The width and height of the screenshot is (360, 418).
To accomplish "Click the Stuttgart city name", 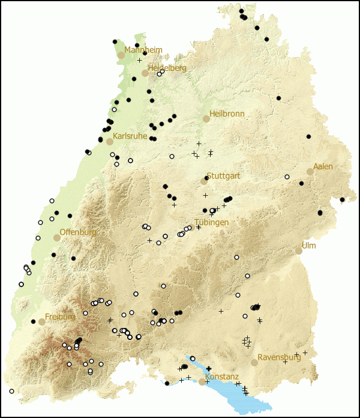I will pyautogui.click(x=223, y=176).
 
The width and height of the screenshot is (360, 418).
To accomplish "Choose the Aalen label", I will pyautogui.click(x=323, y=166).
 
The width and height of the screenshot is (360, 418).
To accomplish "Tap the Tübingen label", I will pyautogui.click(x=211, y=222).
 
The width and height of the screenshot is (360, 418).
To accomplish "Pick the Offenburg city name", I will pyautogui.click(x=78, y=232).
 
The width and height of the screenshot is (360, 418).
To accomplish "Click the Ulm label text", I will pyautogui.click(x=308, y=246).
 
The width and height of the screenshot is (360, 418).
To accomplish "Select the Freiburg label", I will pyautogui.click(x=60, y=317).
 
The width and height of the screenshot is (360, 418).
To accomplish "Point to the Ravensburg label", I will pyautogui.click(x=279, y=357).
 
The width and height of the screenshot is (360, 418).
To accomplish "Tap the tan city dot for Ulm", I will pyautogui.click(x=298, y=250).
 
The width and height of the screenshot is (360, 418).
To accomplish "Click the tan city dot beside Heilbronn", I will pyautogui.click(x=206, y=119).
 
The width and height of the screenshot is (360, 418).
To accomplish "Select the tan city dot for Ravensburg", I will pyautogui.click(x=254, y=363).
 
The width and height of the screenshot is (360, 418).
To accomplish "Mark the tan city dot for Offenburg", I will pyautogui.click(x=56, y=238).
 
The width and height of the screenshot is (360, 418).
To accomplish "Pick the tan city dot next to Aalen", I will pyautogui.click(x=310, y=172).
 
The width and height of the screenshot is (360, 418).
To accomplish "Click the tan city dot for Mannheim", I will pyautogui.click(x=121, y=55).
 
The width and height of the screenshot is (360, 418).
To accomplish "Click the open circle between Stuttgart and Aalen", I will pyautogui.click(x=287, y=177).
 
